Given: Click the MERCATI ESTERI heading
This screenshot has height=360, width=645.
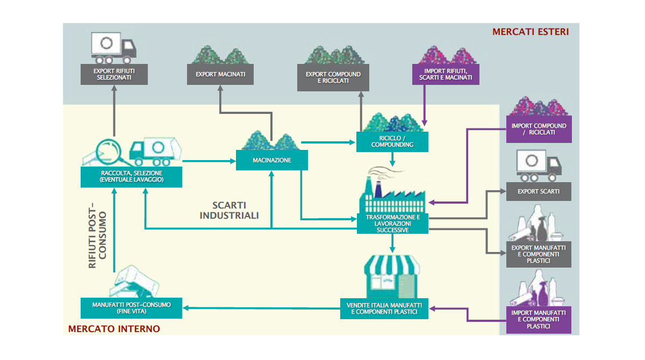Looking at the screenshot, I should pos(530,32).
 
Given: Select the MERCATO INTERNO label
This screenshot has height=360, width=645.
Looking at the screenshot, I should pos(114,328).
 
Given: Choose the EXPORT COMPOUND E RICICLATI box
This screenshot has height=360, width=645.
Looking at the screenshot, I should pos(333,78).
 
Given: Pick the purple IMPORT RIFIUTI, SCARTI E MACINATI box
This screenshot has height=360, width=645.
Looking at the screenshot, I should pos(446,74).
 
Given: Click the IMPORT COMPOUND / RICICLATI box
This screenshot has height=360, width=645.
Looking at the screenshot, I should pos(539,129).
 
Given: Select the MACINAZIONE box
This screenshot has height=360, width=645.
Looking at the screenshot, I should pos(271,160).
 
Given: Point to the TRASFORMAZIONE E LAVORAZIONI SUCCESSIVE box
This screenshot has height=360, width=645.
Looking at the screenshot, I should pos(392,223).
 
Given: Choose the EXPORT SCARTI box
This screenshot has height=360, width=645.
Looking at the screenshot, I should pos(539,191).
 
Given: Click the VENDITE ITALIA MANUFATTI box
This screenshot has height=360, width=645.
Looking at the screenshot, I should pos(384,308).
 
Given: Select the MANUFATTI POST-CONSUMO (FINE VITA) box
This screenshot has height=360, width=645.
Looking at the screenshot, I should pos(132,308).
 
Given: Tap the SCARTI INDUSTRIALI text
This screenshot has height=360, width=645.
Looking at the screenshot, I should pos(230,210).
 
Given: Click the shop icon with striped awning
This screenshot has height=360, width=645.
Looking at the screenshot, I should pos(392,275).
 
